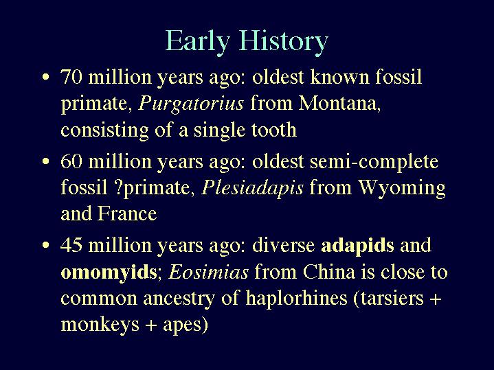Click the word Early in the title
198,42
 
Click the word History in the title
284,42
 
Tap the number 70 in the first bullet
71,76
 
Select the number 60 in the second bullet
71,161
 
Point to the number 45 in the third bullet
71,245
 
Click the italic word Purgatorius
191,104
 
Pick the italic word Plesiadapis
252,188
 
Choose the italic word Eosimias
209,272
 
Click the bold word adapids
357,246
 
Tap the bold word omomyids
109,273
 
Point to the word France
127,213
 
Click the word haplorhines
296,299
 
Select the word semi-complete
374,162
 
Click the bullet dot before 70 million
46,77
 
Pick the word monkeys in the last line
100,325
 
